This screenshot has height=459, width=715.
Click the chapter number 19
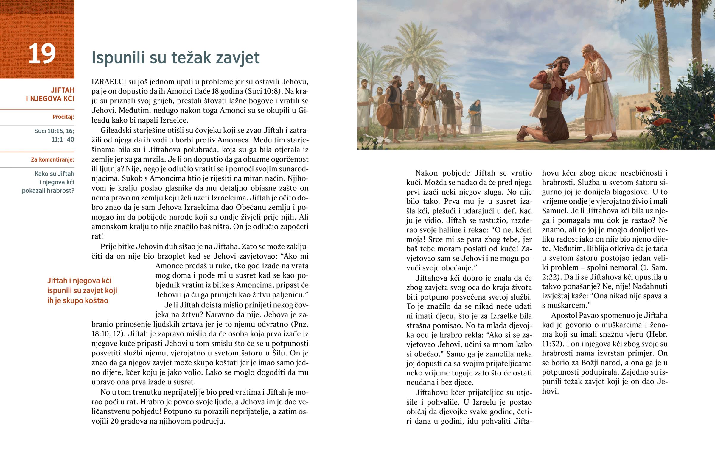pos(42,54)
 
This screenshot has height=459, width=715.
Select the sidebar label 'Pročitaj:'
pos(63,117)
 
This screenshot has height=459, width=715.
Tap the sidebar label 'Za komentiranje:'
pos(52,160)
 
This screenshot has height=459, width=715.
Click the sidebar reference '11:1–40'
pos(63,140)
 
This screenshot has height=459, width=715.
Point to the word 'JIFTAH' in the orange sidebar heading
pos(63,90)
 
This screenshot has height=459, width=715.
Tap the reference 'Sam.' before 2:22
pos(660,268)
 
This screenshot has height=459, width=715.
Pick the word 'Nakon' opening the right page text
pos(427,173)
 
